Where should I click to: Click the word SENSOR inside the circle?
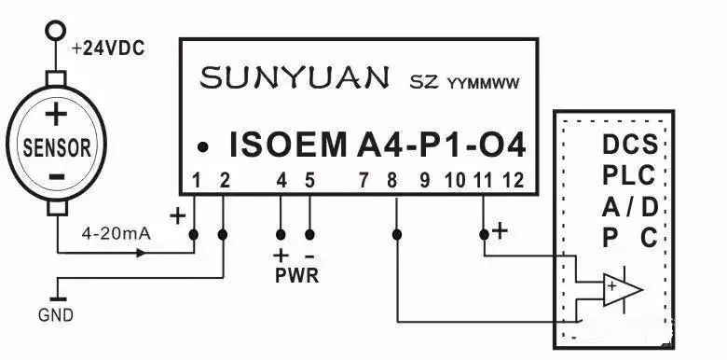[57, 146]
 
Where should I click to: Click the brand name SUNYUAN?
[296, 78]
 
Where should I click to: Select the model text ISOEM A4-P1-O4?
[378, 145]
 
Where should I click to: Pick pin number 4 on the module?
[281, 180]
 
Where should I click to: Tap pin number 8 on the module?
[396, 180]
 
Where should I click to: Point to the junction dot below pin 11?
[484, 233]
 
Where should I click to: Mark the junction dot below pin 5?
[310, 233]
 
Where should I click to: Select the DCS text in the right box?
[629, 145]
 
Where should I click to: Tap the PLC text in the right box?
[628, 175]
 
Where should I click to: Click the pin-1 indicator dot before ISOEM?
[202, 147]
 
